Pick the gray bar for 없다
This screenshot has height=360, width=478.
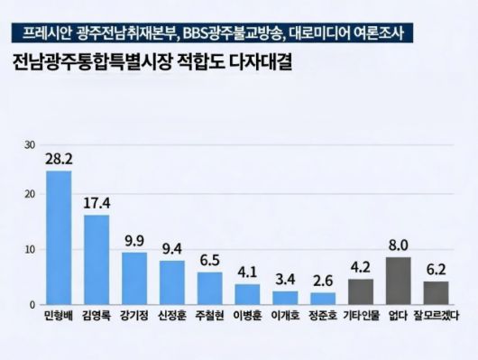[398, 281]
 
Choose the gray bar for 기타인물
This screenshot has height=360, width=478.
[361, 291]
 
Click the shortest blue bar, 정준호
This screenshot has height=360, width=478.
[323, 298]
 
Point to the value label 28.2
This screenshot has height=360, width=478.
[59, 158]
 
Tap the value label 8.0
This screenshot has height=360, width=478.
[399, 244]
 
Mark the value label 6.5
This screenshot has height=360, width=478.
[209, 258]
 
